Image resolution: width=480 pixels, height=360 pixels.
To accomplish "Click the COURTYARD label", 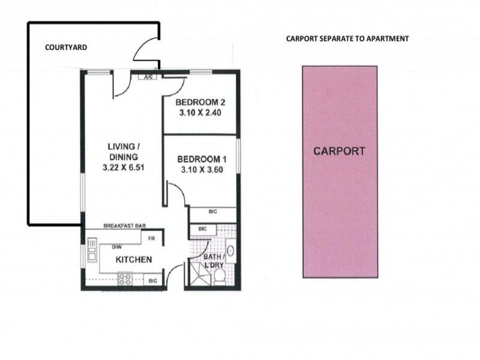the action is pyautogui.click(x=66, y=47).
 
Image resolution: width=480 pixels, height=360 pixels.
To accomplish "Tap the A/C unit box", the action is pyautogui.click(x=148, y=77).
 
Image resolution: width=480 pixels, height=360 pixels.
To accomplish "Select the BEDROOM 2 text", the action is pyautogui.click(x=200, y=102).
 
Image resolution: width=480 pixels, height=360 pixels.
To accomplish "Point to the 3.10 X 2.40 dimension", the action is pyautogui.click(x=200, y=113).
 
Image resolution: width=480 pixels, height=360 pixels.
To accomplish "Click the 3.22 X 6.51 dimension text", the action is pyautogui.click(x=124, y=167).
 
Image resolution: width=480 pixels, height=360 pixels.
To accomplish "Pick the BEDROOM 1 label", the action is pyautogui.click(x=202, y=159).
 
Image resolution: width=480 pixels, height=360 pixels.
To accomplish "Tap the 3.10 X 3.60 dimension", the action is pyautogui.click(x=202, y=170).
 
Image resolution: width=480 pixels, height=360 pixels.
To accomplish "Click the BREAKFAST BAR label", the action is pyautogui.click(x=124, y=226).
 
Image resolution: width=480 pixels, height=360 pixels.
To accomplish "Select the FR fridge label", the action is pyautogui.click(x=152, y=238).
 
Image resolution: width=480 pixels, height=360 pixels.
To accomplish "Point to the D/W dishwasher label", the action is pyautogui.click(x=116, y=247).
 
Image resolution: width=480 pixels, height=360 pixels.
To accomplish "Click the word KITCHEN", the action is pyautogui.click(x=134, y=260).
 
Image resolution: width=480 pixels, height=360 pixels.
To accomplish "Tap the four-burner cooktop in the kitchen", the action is pyautogui.click(x=125, y=279).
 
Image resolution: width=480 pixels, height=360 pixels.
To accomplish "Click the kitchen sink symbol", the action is pyautogui.click(x=92, y=250).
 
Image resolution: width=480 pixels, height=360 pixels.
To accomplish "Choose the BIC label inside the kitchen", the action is pyautogui.click(x=152, y=280).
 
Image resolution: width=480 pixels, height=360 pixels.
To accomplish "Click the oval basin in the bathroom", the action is pyautogui.click(x=230, y=251).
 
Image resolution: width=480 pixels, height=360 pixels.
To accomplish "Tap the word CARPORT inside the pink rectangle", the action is pyautogui.click(x=339, y=151).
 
